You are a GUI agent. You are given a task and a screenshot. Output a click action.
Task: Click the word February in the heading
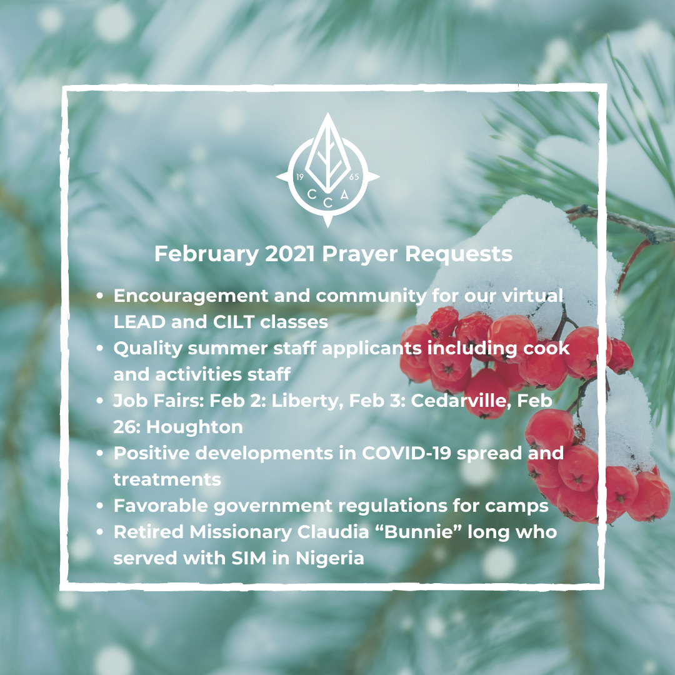pos(207,254)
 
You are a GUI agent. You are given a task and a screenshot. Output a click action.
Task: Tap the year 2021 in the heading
pos(290,254)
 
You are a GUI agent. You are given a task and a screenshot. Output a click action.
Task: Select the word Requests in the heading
pos(459,254)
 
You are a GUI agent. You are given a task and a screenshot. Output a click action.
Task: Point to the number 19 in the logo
pos(300,177)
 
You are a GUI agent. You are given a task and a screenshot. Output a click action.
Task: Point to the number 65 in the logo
pos(354,177)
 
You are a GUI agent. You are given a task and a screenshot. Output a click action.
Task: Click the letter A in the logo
pos(344,195)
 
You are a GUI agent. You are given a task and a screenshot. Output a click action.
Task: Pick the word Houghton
pos(194,427)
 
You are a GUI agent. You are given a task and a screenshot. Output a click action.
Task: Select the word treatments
pos(167,479)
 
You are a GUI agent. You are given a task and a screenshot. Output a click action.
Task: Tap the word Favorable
pos(161,506)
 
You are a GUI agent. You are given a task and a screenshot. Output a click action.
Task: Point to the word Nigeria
pos(330,559)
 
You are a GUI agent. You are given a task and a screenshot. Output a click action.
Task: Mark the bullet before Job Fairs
pos(100,401)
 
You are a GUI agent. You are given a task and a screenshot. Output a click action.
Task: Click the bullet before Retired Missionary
pos(100,532)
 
